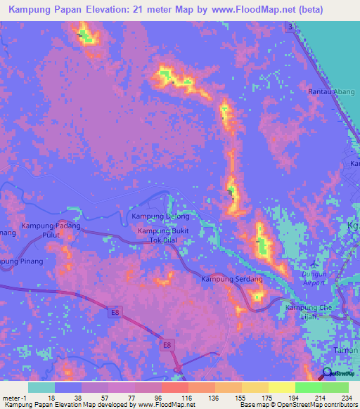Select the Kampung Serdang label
click(x=232, y=280)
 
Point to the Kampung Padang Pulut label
click(x=50, y=231)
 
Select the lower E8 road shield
click(x=167, y=344)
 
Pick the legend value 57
click(x=94, y=397)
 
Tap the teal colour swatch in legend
click(x=41, y=387)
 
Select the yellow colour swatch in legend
click(x=282, y=387)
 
